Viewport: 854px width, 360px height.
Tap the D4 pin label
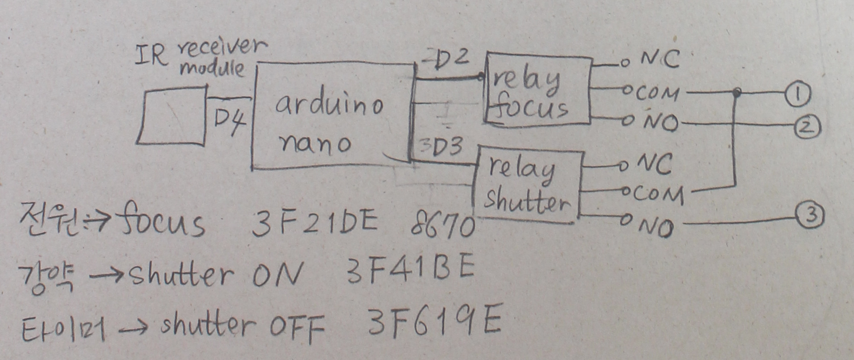pyautogui.click(x=229, y=120)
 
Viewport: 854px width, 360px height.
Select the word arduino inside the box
pyautogui.click(x=329, y=105)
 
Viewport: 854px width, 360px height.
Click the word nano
pyautogui.click(x=315, y=143)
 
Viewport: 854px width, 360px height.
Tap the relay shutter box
pyautogui.click(x=527, y=186)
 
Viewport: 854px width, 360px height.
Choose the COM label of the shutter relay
pyautogui.click(x=658, y=195)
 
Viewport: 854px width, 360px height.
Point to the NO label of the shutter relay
pyautogui.click(x=655, y=228)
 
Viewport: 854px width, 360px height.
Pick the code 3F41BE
pyautogui.click(x=410, y=270)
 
